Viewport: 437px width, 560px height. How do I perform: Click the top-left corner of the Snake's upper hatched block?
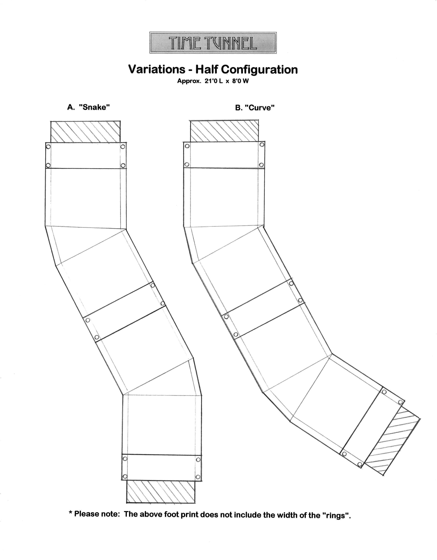coord(51,121)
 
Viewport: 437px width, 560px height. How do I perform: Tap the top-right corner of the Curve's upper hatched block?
coord(258,120)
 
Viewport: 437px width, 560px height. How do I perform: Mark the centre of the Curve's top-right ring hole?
coord(262,145)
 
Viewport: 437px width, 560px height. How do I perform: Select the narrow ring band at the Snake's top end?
coord(86,155)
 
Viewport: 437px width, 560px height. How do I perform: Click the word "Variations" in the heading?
coord(157,69)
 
